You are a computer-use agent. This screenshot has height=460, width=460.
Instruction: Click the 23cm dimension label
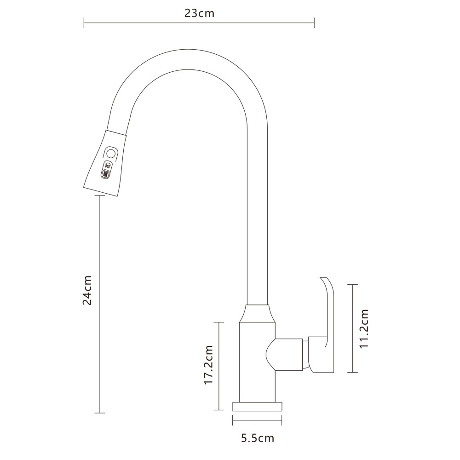199,13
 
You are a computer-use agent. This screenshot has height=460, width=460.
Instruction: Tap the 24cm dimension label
87,290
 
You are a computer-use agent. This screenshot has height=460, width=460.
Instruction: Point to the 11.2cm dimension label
364,328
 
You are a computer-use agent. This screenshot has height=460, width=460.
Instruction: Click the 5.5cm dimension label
258,438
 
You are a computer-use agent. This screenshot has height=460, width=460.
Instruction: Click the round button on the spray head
110,153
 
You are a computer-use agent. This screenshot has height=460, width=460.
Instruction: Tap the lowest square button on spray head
106,174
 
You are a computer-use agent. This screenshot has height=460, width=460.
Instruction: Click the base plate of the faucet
257,406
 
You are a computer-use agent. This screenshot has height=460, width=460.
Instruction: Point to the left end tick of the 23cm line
84,22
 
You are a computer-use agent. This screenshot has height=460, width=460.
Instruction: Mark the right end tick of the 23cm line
314,22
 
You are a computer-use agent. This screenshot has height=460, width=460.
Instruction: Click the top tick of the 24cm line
99,195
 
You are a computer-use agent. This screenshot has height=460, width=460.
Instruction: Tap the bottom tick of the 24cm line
99,413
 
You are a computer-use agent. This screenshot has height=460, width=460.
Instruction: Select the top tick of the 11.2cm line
352,285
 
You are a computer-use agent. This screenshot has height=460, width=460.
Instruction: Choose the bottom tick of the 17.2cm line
219,409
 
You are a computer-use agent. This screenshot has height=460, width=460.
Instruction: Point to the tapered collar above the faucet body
257,314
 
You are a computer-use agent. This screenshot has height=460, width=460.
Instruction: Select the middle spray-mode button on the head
108,165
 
